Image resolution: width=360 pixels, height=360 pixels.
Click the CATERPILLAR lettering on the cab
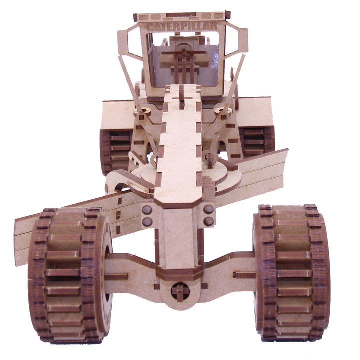[x=182, y=26]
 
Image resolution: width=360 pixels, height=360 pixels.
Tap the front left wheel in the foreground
[x=70, y=275]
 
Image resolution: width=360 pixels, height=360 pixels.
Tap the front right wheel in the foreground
[x=292, y=273]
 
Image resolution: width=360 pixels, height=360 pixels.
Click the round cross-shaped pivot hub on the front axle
[x=180, y=292]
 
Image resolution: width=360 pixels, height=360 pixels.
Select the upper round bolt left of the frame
[x=147, y=209]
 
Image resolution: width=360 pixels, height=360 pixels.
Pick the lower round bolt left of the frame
[x=147, y=222]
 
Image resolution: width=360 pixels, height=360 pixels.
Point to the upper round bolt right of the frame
[x=208, y=209]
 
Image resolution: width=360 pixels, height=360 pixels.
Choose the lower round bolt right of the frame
[x=208, y=221]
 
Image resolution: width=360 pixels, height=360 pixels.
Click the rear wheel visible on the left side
[x=116, y=151]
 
